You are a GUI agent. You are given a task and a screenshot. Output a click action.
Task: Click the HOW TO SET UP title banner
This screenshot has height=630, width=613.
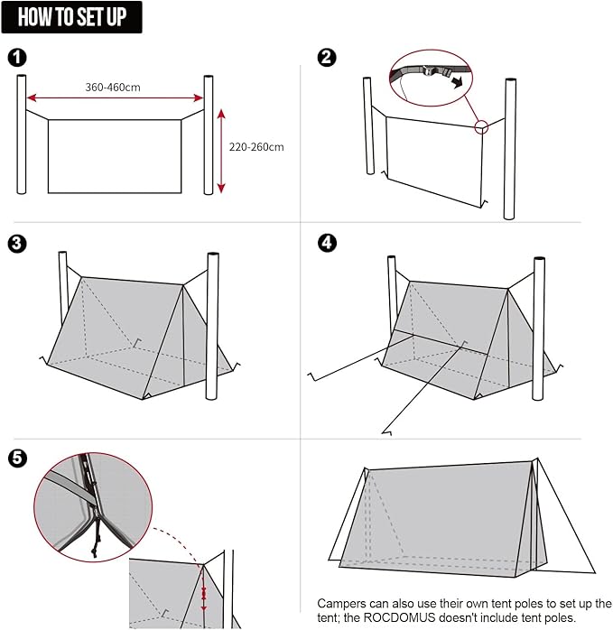click(72, 17)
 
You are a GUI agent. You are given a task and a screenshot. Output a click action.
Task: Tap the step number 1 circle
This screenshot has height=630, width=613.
click(16, 58)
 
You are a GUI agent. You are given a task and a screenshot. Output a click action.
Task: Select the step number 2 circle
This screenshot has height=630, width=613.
click(327, 58)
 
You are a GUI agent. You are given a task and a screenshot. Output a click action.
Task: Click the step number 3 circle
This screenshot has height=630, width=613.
click(16, 244)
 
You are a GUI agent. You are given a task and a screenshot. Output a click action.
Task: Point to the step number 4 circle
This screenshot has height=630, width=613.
click(327, 244)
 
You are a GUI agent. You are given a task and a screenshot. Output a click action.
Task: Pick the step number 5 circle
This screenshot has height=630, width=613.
click(16, 459)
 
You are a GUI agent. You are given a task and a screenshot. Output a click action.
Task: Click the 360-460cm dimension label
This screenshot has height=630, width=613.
click(113, 88)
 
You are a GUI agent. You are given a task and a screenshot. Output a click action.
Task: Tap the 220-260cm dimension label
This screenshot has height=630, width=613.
click(256, 147)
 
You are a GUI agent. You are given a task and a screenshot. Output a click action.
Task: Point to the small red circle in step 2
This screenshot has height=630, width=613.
click(481, 127)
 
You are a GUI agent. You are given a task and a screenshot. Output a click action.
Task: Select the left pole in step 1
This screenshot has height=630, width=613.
click(21, 134)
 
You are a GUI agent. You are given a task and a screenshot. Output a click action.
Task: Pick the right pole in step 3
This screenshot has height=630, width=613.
click(213, 325)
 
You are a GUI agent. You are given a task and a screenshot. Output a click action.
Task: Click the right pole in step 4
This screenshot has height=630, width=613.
click(539, 329)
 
